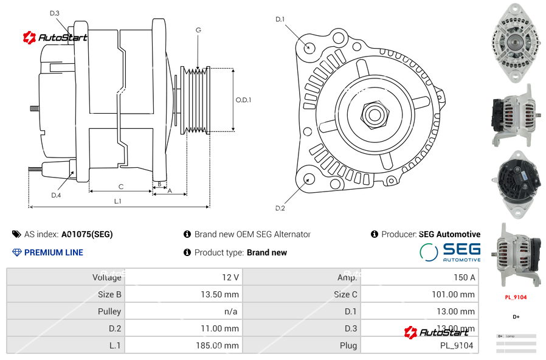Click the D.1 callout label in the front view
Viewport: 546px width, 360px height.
pyautogui.click(x=280, y=19)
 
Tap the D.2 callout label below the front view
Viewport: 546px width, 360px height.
pyautogui.click(x=280, y=208)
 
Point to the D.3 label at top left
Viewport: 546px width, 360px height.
pyautogui.click(x=54, y=13)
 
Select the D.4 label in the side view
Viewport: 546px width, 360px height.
pyautogui.click(x=56, y=195)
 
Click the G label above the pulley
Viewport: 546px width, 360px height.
pyautogui.click(x=198, y=30)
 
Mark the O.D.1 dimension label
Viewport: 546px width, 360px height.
pyautogui.click(x=243, y=100)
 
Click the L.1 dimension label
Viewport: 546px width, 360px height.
pyautogui.click(x=118, y=201)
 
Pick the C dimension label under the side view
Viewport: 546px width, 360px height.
pyautogui.click(x=120, y=187)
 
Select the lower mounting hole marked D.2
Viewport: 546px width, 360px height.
pyautogui.click(x=308, y=178)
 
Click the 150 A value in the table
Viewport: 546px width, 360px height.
pyautogui.click(x=464, y=277)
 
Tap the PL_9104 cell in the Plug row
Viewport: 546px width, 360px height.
pyautogui.click(x=457, y=345)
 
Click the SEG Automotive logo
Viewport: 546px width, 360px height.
pyautogui.click(x=450, y=252)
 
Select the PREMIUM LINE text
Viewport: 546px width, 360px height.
pyautogui.click(x=54, y=252)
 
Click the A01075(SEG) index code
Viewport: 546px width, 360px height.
pyautogui.click(x=87, y=234)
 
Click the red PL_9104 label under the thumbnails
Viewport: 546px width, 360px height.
pyautogui.click(x=516, y=297)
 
